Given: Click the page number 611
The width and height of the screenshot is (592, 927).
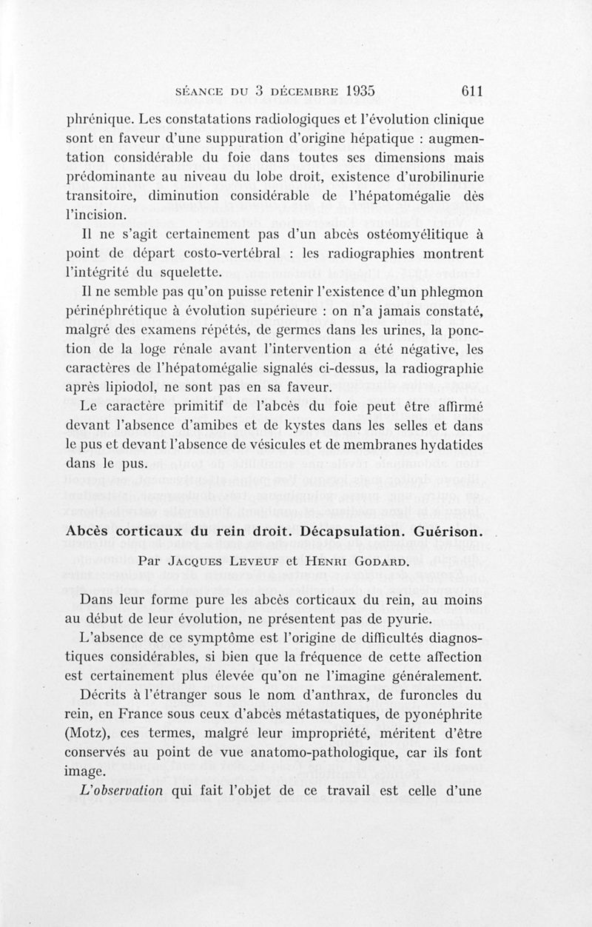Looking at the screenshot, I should (x=471, y=91).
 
